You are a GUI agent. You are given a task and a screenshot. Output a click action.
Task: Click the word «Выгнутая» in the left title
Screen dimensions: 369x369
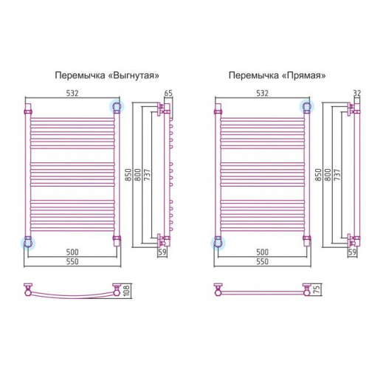tap(134, 75)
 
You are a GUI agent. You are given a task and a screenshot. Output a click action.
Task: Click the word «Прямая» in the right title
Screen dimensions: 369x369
tap(303, 75)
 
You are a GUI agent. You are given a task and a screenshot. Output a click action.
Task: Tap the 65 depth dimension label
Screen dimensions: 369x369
tap(168, 94)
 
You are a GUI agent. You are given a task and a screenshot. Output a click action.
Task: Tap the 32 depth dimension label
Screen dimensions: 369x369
tap(357, 94)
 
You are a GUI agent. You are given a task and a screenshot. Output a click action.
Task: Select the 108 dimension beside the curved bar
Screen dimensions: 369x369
tap(126, 291)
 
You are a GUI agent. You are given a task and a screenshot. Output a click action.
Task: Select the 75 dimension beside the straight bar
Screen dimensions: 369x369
tap(317, 289)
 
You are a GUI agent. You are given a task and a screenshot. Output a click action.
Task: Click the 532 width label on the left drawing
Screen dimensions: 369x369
tap(72, 93)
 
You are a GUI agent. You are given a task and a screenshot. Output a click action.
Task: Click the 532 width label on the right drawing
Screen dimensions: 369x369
tap(262, 93)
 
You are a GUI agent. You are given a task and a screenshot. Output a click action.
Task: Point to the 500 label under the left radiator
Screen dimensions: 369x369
tap(72, 252)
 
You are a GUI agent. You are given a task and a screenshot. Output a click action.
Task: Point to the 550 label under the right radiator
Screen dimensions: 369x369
tap(262, 261)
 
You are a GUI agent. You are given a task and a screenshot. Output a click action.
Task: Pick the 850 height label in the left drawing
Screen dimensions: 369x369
tap(128, 175)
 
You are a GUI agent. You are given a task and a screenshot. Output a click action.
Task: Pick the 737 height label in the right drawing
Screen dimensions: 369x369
tap(337, 175)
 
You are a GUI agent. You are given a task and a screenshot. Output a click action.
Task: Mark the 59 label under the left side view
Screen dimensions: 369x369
tap(162, 252)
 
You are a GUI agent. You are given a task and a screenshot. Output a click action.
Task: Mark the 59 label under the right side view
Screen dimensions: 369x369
tap(352, 252)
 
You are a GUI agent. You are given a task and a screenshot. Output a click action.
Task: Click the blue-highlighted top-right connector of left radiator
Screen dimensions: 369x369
tap(117, 106)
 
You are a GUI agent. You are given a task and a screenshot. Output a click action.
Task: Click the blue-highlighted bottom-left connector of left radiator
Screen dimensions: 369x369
tap(28, 243)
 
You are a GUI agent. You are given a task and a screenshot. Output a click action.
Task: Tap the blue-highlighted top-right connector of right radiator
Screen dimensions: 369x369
tap(306, 106)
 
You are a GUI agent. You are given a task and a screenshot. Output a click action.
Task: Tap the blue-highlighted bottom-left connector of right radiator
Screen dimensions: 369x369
tap(218, 243)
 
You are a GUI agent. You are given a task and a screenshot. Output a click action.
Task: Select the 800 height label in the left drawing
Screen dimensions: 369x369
tap(138, 175)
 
